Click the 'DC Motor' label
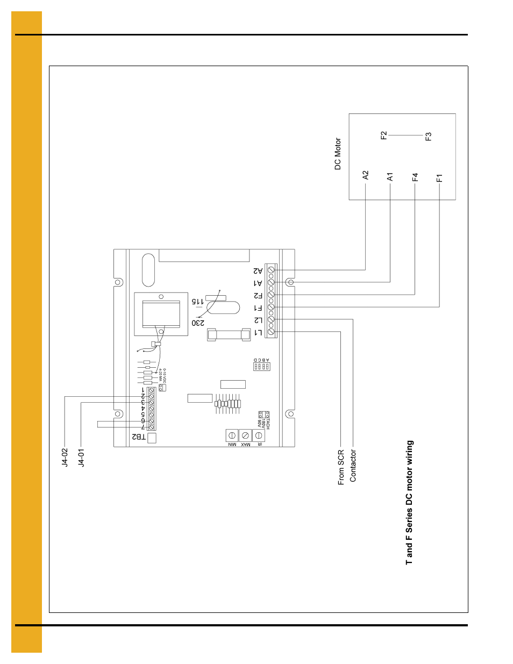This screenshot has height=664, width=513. pos(338,154)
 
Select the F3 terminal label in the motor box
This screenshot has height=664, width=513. pos(429,137)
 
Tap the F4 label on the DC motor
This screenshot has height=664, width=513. pos(415,177)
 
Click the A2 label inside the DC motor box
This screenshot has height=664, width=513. pos(366,175)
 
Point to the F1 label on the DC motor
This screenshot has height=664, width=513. pos(439,178)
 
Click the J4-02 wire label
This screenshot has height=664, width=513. pos(65,458)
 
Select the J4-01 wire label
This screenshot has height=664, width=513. pos(81,458)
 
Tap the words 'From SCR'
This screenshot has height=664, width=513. pos(341,468)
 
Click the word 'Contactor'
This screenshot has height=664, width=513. pos(353,466)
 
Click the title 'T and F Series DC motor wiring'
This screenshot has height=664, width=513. pos(409,503)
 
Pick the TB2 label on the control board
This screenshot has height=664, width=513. pos(139,437)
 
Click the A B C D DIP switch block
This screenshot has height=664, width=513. pos(262,366)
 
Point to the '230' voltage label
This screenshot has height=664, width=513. pos(198,323)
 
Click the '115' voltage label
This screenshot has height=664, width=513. pos(198,302)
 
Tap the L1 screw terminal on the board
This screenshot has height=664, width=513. pos(271,332)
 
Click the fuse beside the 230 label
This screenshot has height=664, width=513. pos(230,335)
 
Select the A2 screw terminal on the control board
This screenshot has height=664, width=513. pos(271,270)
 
